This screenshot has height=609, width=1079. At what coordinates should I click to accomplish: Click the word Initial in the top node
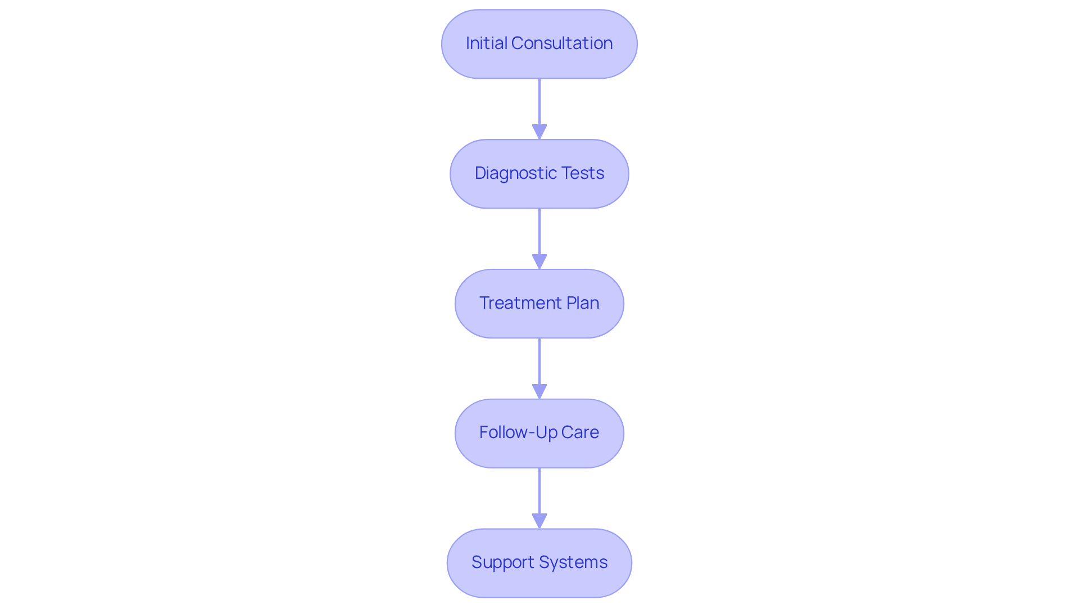click(486, 43)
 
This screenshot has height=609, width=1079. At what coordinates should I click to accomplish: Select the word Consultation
click(562, 43)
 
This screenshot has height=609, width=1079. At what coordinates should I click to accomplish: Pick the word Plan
click(583, 303)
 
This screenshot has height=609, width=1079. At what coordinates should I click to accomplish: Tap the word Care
click(580, 432)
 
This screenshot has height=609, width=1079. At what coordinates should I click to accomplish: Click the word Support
click(503, 562)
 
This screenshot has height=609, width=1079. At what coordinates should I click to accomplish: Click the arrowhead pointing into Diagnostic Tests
click(539, 132)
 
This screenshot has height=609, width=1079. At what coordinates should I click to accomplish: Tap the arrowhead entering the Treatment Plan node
click(539, 262)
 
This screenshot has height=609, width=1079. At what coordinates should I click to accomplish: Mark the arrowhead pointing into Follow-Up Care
click(539, 392)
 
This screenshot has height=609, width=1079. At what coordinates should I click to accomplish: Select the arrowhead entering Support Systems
click(539, 521)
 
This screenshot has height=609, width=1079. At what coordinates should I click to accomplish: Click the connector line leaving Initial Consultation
click(539, 101)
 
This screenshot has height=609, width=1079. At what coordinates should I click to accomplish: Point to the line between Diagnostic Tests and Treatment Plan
click(539, 231)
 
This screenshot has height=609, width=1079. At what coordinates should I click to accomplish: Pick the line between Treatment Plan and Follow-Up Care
click(539, 360)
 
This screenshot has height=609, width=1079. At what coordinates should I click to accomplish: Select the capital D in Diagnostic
click(480, 173)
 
